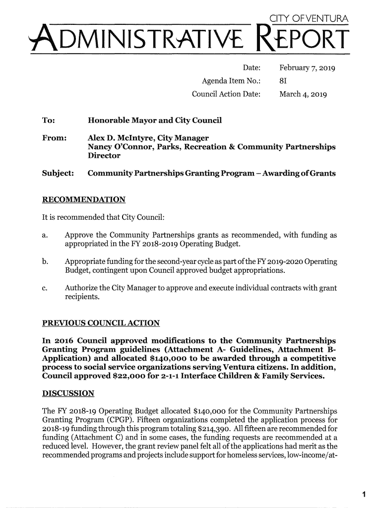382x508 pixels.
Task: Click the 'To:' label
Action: pos(49,121)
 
